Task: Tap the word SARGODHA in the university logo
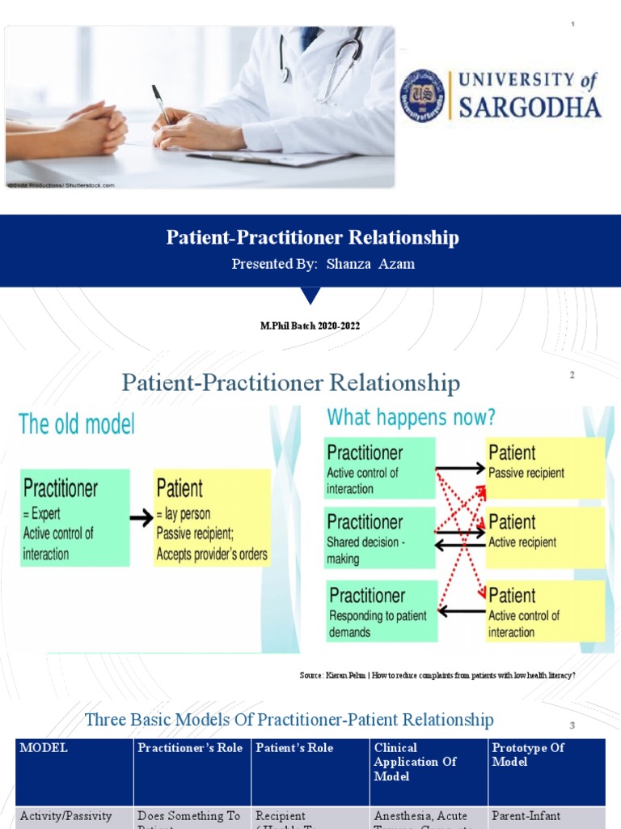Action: point(530,108)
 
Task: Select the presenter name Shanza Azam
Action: point(370,264)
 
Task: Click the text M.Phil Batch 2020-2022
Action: point(310,325)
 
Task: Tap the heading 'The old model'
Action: point(76,423)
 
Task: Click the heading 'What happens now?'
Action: point(411,418)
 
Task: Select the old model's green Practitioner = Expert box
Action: point(74,517)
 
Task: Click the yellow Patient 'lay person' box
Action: point(212,517)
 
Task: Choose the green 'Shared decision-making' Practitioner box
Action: point(380,538)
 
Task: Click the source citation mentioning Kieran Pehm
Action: point(437,675)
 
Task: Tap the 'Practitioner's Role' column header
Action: point(191,749)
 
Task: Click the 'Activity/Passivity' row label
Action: point(65,816)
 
